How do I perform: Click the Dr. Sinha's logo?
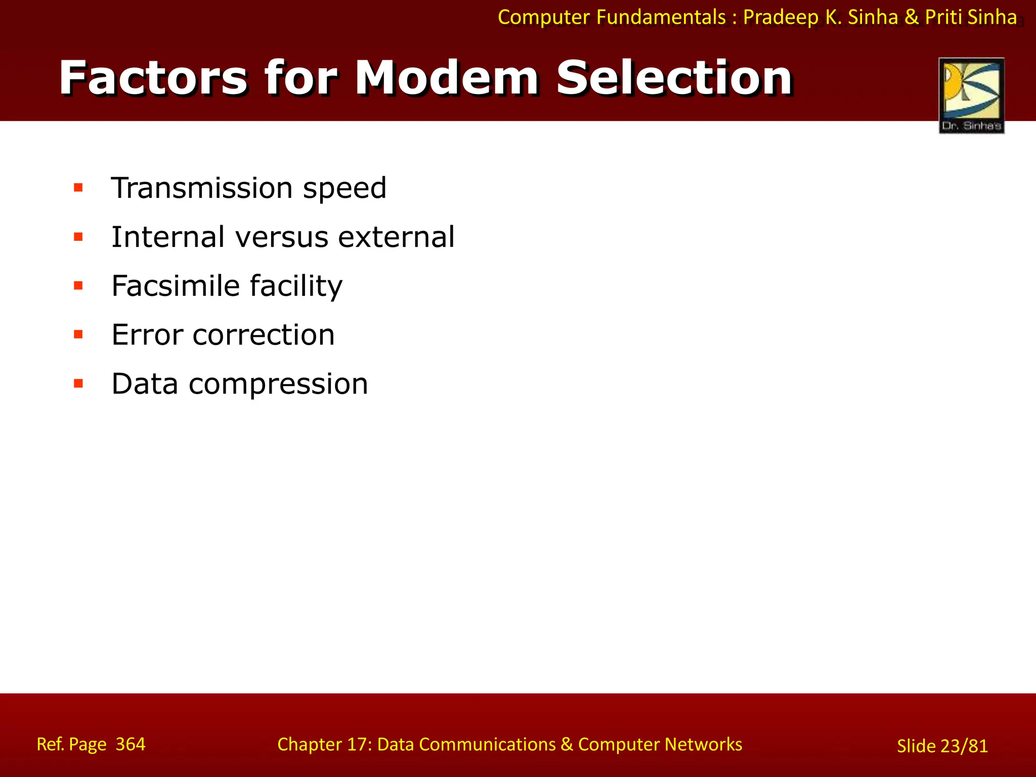[971, 96]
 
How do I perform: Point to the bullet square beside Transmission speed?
[78, 188]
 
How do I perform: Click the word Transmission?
[201, 188]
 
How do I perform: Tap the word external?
[396, 237]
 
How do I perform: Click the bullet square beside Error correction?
[78, 334]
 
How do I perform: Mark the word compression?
[278, 384]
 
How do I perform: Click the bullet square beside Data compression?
[78, 383]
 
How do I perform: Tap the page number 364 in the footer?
[131, 744]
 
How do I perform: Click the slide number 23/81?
[964, 746]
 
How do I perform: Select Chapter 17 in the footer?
[324, 745]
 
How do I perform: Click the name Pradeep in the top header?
[781, 18]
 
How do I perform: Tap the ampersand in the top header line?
[911, 18]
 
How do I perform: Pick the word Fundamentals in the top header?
[661, 18]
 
